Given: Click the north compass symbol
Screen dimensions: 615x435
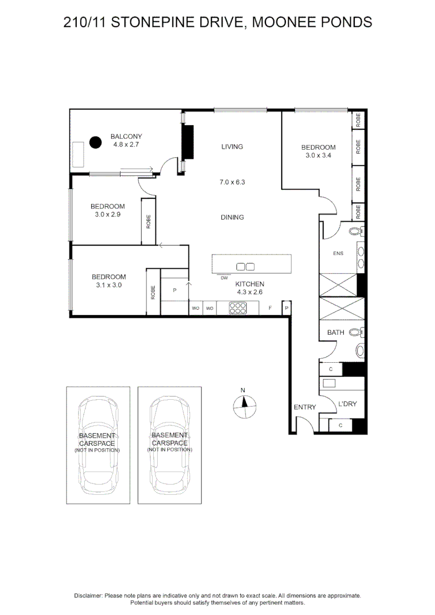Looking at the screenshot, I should pos(243,406).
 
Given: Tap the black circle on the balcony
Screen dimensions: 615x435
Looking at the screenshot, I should pos(95,141).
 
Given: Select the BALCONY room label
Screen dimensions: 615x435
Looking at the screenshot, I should pos(126,137).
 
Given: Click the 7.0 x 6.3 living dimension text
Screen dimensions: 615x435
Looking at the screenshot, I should pos(232,183).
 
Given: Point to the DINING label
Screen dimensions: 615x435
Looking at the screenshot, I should pos(232,217).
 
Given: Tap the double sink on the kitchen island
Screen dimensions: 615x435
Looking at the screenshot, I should pos(245,266).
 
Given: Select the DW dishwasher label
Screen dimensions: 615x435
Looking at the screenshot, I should pos(224,278).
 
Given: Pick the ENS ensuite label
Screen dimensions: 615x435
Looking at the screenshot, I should pos(338,253).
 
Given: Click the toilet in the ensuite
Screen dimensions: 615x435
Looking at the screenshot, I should pos(355,231).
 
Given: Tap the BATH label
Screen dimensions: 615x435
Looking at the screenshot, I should pos(335,332).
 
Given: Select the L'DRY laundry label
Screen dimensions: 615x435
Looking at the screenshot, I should pos(347,404).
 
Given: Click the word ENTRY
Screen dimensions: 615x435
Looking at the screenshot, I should pos(305,407).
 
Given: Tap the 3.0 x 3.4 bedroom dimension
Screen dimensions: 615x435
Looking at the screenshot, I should pos(318,155).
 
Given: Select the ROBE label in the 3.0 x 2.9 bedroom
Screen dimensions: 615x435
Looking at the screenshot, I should pos(149,221).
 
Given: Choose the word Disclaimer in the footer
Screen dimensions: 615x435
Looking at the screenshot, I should pos(88,595).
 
